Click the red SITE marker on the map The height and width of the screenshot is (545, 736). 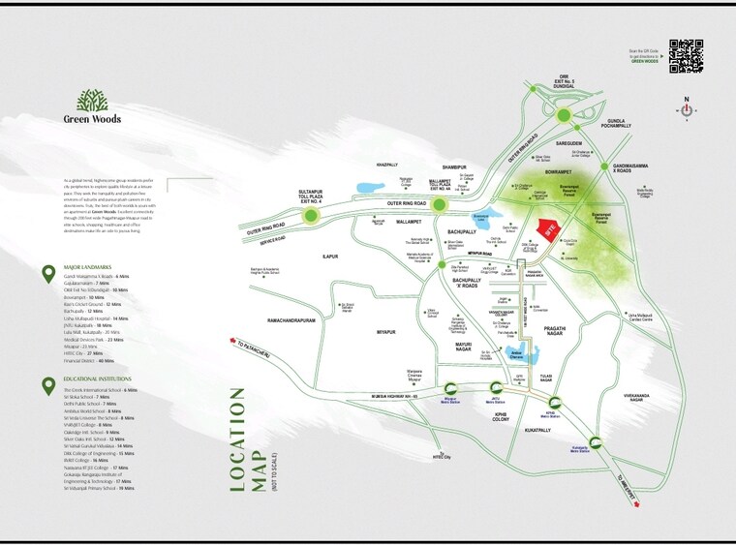pyautogui.click(x=547, y=232)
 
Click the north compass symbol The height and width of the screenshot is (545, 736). pyautogui.click(x=686, y=109)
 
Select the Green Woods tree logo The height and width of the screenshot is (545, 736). pyautogui.click(x=92, y=100)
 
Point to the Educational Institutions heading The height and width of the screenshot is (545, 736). pyautogui.click(x=97, y=380)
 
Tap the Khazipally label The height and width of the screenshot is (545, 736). pyautogui.click(x=387, y=166)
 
